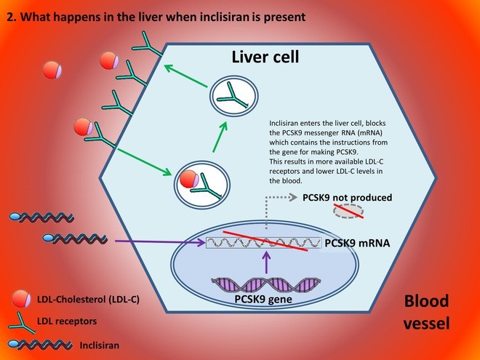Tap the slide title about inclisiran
coord(156,14)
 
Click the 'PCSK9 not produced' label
coord(347,197)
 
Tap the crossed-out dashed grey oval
coord(348,212)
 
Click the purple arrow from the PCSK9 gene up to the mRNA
coord(267,263)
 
